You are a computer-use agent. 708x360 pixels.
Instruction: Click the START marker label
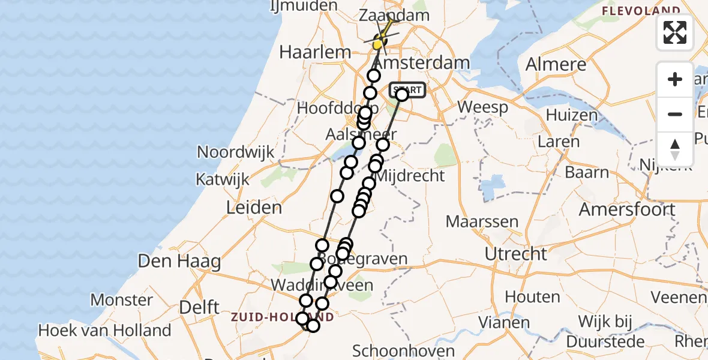point(409,90)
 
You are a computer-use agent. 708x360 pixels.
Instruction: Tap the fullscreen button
point(675,32)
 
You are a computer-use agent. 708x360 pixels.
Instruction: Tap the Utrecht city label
point(515,254)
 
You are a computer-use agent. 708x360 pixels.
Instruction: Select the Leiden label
point(254,208)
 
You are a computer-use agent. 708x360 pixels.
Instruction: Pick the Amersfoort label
point(627,210)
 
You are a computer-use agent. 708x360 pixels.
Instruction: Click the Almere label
point(556,65)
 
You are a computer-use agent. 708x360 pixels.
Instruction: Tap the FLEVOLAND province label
point(641,11)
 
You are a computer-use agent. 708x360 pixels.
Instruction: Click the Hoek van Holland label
point(105,330)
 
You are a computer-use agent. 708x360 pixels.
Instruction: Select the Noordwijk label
point(236,152)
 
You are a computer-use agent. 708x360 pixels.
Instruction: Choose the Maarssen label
point(482,221)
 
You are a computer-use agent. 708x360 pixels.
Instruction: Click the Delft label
point(199,308)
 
